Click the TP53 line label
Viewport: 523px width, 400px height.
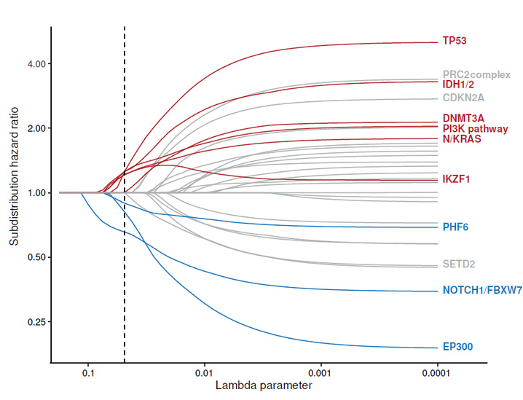coord(455,41)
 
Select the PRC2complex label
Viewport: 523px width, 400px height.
coord(476,74)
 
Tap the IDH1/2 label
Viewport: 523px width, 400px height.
coord(458,85)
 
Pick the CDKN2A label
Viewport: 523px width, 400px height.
coord(463,97)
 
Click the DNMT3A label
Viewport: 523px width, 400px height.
coord(463,118)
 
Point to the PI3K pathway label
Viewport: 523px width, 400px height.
coord(475,128)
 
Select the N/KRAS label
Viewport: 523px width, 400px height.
coord(462,138)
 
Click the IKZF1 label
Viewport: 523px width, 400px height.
coord(457,179)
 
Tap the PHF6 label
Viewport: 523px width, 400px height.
coord(455,227)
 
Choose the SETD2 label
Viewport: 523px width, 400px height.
coord(458,264)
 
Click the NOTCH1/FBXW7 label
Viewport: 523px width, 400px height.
coord(481,291)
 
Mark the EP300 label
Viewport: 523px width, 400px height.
coord(457,347)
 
